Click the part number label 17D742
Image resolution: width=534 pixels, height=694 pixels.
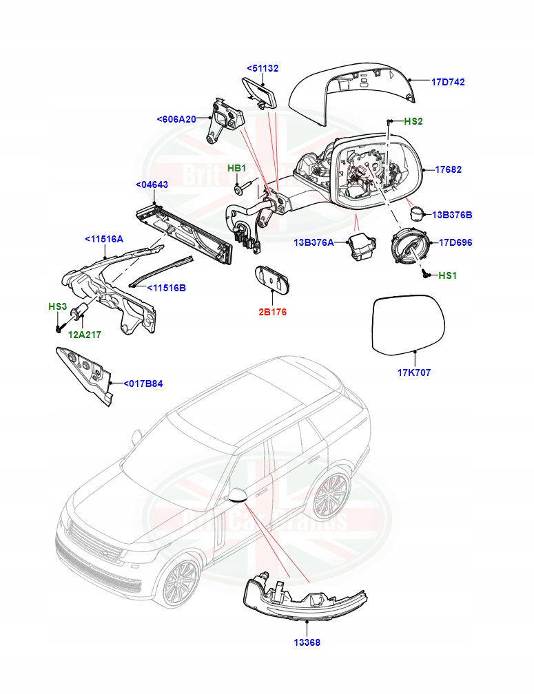coord(448,81)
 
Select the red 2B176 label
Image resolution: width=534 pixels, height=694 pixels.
coord(272,312)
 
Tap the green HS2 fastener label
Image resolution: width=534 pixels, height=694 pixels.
coord(413,121)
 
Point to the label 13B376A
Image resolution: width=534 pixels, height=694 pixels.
coord(314,242)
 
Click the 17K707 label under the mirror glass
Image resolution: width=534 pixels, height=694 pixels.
coord(414,372)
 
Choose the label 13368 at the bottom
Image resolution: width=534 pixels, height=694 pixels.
coord(306,642)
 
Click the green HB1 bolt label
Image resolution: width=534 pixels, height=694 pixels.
coord(237,169)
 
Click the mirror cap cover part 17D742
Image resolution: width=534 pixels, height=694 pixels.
coord(351,93)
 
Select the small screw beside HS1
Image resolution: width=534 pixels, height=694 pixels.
coord(425,274)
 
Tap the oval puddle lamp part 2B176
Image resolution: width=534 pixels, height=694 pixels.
coord(272,279)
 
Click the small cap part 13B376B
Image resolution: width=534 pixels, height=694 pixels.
coord(416,213)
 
